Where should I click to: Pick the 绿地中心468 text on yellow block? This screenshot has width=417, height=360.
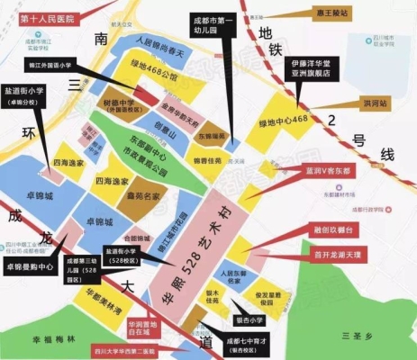[x=282, y=119]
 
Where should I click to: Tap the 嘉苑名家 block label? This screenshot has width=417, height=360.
[x=143, y=193]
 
